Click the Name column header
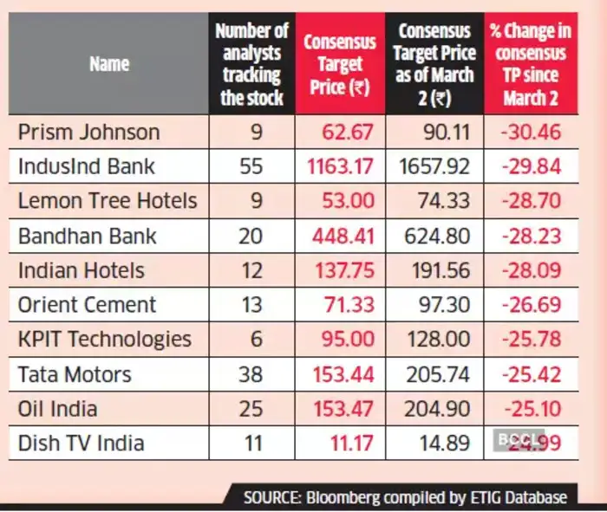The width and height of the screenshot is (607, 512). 108,63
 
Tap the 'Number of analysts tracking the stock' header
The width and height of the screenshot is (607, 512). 251,64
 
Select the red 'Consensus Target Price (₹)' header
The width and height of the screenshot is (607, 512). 339,64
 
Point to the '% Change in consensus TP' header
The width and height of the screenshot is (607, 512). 531,64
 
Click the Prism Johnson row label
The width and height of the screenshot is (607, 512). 89,133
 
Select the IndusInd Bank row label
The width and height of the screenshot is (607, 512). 88,166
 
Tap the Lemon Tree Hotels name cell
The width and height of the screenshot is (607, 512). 107,201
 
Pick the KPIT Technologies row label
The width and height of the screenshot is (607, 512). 104,340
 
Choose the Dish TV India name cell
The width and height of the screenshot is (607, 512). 81,444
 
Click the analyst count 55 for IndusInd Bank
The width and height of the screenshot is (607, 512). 251,166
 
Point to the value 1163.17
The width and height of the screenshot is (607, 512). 338,166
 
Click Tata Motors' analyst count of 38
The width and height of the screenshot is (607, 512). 251,374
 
